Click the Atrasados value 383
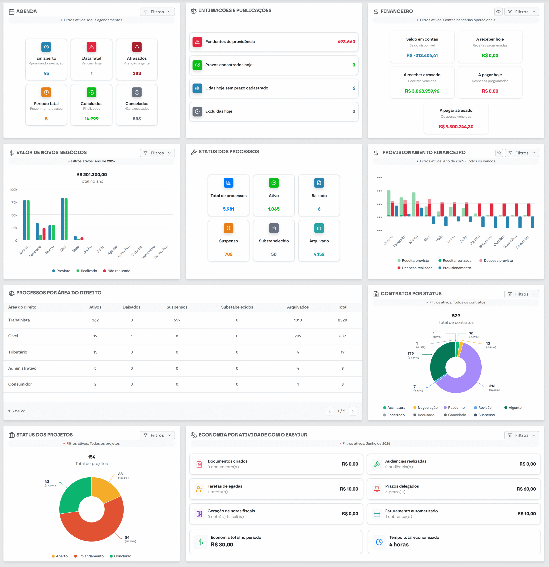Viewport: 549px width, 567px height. pos(137,74)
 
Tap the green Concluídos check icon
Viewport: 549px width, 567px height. pos(91,92)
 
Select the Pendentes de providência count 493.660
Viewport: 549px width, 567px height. pos(346,42)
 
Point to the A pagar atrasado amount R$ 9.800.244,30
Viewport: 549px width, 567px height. pos(456,127)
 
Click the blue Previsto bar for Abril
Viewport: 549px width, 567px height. pos(62,219)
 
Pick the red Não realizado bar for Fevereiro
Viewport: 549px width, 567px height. pos(44,234)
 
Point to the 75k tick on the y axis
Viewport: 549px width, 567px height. pos(14,202)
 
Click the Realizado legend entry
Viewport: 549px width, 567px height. pos(87,271)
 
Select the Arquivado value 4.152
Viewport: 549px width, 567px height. pos(319,254)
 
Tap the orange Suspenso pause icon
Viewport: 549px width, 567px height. pos(229,228)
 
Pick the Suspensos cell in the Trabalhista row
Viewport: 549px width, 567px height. pos(177,320)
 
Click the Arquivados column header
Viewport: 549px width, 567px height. pos(298,307)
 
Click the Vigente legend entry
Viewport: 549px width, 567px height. pos(513,408)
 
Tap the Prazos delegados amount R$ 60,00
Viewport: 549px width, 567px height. pos(526,489)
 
